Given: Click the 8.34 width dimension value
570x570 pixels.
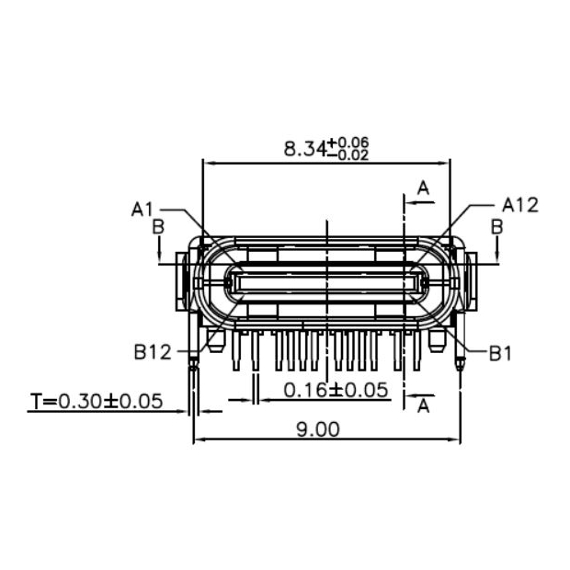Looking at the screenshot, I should point(305,149).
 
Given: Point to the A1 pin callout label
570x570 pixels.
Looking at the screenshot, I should point(142,209).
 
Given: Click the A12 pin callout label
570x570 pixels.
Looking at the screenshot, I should point(519,204).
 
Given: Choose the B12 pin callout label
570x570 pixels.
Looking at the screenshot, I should point(152,351).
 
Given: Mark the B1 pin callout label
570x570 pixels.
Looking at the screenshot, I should point(499,352).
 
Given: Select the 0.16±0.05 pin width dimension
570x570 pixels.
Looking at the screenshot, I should point(336,390).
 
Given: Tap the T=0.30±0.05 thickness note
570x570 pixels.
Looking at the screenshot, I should point(96,401).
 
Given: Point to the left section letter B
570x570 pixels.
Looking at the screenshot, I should point(158,225).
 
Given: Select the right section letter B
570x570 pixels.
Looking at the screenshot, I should point(496,225).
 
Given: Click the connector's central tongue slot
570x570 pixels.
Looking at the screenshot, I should point(326,281).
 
